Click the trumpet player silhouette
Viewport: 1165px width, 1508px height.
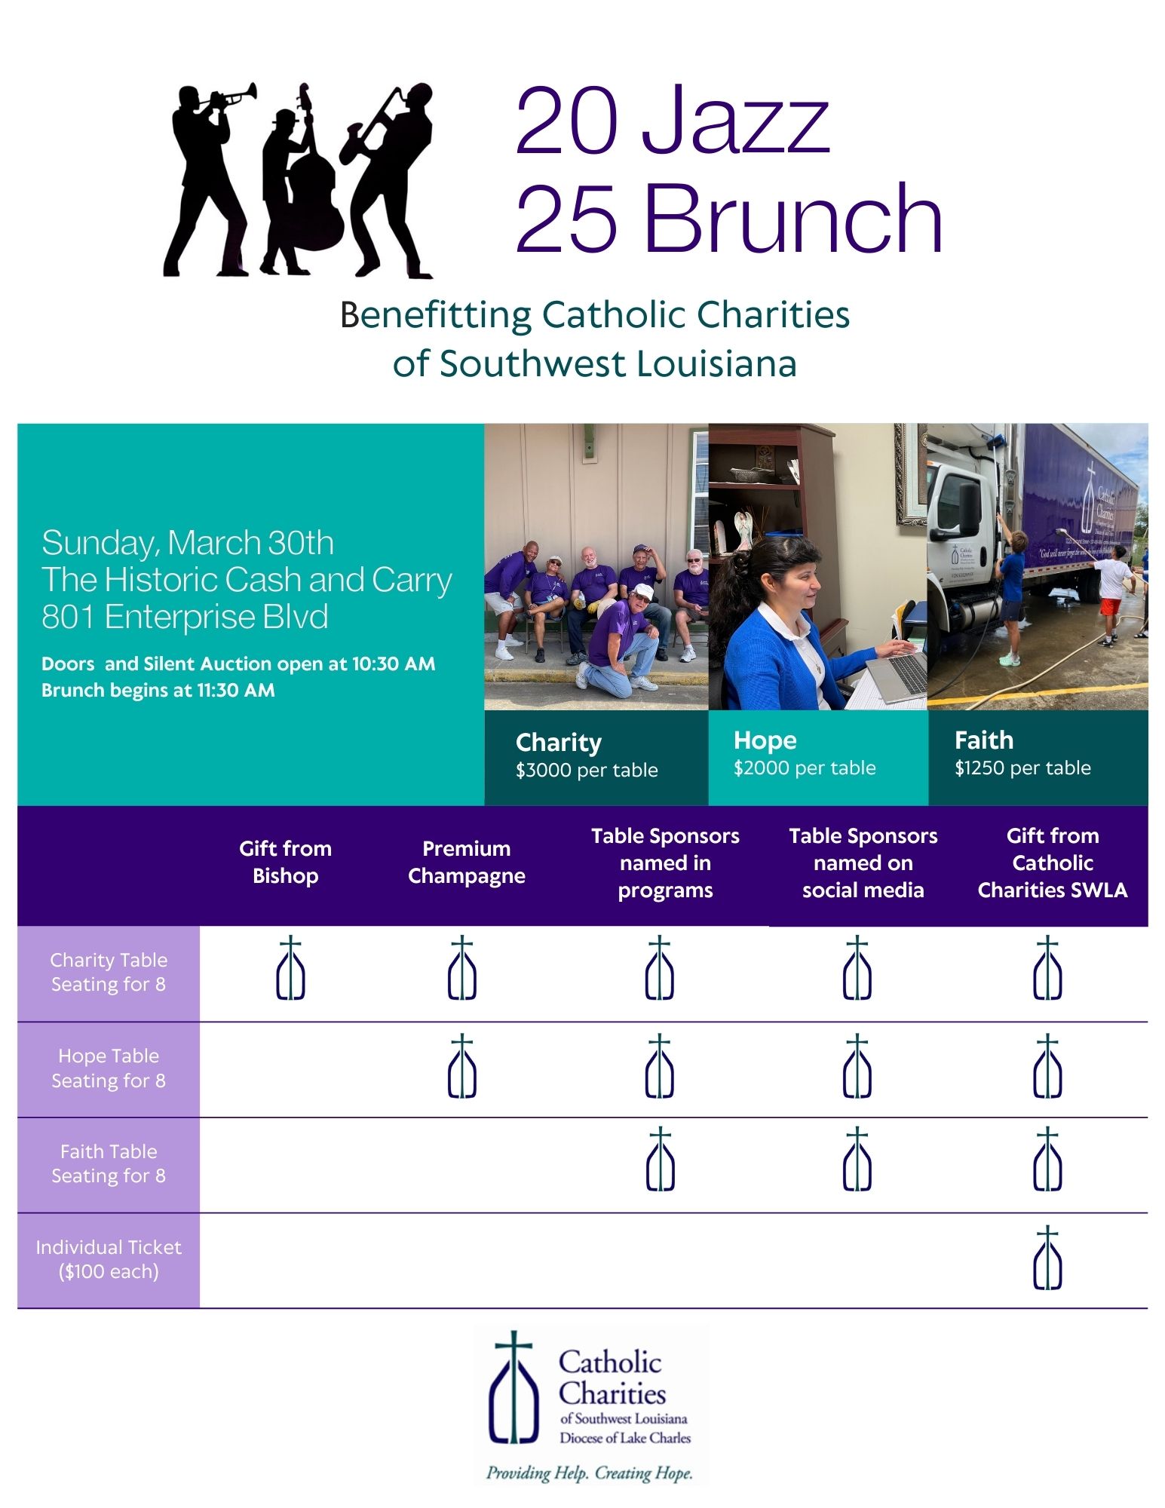tap(204, 173)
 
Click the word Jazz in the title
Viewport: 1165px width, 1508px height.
tap(735, 121)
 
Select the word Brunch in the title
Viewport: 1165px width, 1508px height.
tap(792, 219)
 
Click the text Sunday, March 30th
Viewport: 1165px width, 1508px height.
tap(188, 543)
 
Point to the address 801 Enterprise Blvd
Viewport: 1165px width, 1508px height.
tap(185, 617)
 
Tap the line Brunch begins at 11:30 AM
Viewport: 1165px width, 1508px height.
tap(158, 690)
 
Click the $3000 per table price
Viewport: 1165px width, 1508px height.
tap(587, 770)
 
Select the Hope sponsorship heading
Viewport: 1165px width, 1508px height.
tap(765, 740)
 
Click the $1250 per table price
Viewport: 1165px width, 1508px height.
tap(1022, 768)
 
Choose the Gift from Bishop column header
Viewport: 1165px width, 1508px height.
tap(285, 862)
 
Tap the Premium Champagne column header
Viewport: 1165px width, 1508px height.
tap(466, 862)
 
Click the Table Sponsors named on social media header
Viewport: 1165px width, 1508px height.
tap(863, 863)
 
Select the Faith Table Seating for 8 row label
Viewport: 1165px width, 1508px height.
tap(109, 1163)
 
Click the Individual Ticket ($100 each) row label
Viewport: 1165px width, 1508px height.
tap(109, 1259)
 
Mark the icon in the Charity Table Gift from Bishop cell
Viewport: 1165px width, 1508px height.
tap(290, 968)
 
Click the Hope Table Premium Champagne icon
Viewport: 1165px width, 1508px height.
tap(461, 1066)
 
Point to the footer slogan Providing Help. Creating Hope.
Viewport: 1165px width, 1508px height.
tap(589, 1473)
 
